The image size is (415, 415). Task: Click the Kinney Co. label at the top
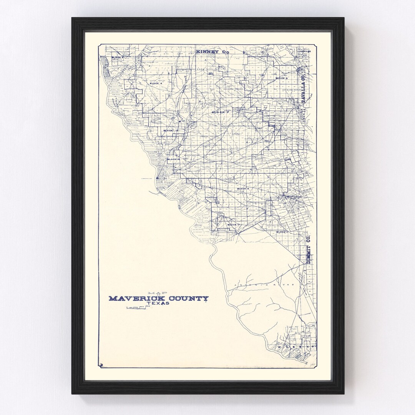[212, 51]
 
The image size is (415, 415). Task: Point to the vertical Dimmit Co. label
[308, 252]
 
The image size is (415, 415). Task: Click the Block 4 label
[156, 83]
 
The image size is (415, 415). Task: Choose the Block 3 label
[281, 78]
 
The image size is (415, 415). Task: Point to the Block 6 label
[243, 189]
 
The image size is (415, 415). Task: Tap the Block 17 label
[233, 224]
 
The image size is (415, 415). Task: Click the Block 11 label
[282, 232]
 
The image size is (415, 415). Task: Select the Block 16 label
[174, 159]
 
